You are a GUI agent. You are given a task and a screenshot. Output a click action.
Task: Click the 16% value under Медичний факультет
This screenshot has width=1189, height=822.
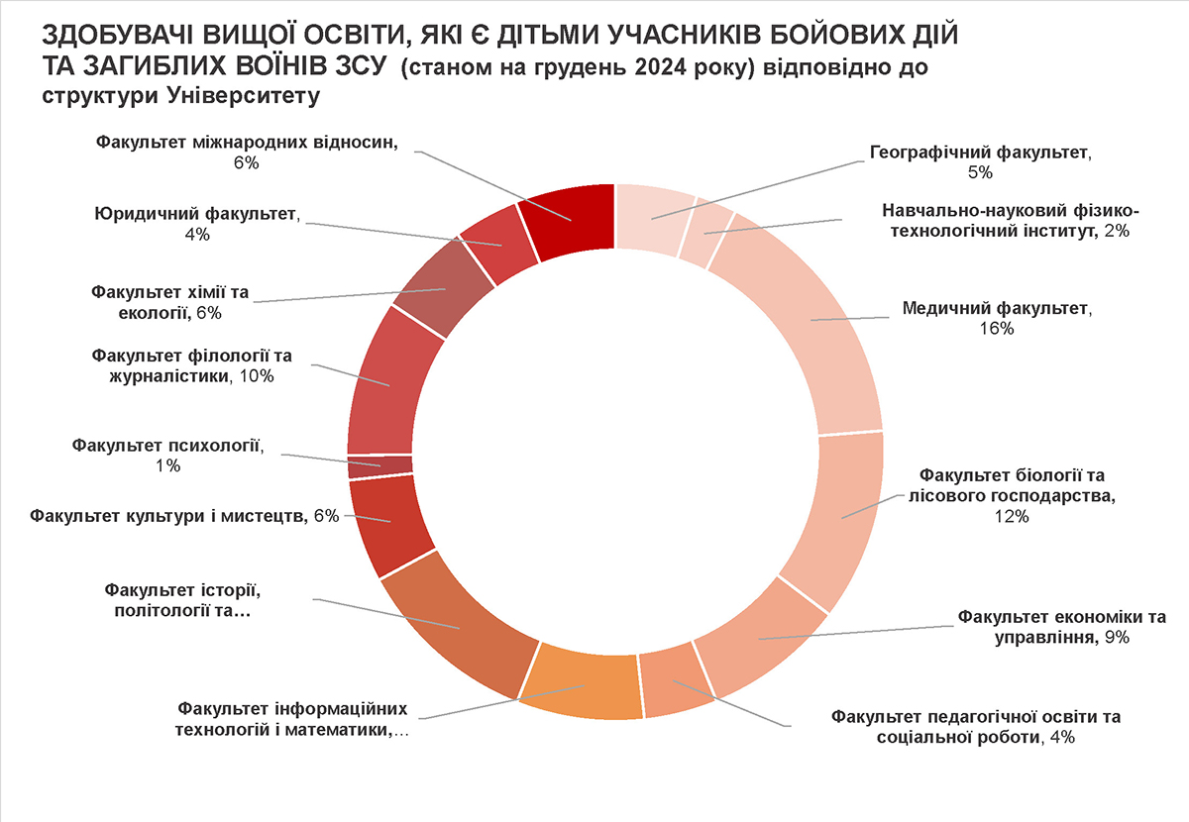pyautogui.click(x=995, y=329)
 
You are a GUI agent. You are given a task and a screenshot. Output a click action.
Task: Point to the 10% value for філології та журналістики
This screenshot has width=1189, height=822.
pyautogui.click(x=254, y=376)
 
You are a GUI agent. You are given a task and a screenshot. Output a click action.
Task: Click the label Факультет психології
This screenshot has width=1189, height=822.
pyautogui.click(x=168, y=445)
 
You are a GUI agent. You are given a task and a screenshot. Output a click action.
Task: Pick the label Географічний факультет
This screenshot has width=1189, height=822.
pyautogui.click(x=979, y=153)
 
